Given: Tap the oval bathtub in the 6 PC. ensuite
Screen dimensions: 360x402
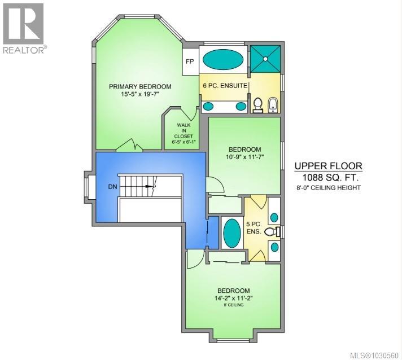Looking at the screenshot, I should tap(224, 59).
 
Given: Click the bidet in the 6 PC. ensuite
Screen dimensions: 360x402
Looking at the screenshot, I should tap(272, 103).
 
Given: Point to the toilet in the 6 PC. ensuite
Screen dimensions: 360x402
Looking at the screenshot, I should tap(258, 104).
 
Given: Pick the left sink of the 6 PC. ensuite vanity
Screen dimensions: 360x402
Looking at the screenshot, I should tap(208, 106).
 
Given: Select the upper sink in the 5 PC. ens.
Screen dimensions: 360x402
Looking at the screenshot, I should tap(274, 217).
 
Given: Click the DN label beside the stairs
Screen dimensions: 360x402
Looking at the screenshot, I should tap(113, 186).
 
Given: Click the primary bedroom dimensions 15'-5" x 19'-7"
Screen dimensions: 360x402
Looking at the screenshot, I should tap(139, 95).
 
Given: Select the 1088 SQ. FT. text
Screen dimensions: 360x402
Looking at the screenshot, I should tap(327, 177).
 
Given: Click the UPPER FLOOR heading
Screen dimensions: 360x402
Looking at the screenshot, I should tap(328, 166).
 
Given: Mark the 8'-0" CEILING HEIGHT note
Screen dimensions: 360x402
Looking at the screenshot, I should tap(328, 188).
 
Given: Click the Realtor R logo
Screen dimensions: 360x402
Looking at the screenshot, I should tap(23, 24).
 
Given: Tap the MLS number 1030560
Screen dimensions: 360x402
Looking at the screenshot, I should tap(375, 354).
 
